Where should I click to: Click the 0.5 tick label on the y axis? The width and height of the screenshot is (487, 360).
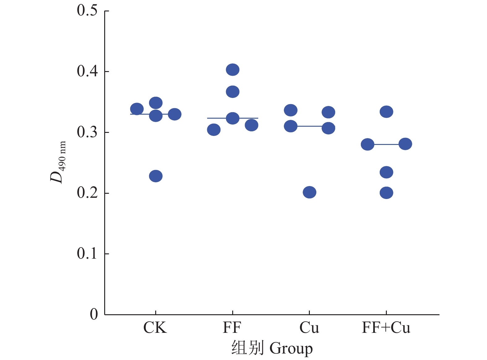87,11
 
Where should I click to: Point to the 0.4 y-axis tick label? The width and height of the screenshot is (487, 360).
87,71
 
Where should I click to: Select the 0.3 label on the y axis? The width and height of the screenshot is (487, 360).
87,132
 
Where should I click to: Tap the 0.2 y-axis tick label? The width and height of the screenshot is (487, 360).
87,193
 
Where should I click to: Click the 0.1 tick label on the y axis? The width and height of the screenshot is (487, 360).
87,254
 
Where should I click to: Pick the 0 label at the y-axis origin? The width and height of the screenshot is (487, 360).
94,315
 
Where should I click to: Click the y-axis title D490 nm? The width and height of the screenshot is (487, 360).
58,162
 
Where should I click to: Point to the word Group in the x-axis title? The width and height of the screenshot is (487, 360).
291,349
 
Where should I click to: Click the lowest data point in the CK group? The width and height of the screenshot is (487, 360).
156,176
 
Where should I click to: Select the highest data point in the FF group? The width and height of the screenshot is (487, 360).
233,70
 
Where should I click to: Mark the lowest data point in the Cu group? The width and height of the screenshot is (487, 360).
310,193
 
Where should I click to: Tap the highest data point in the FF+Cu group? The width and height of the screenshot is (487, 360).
387,112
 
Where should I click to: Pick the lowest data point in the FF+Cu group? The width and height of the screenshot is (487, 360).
387,193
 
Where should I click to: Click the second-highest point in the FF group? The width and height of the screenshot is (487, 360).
233,92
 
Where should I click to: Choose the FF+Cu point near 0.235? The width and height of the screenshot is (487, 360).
387,172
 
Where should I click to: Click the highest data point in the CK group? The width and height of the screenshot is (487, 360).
156,103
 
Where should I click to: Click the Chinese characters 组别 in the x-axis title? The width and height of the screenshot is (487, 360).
248,349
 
